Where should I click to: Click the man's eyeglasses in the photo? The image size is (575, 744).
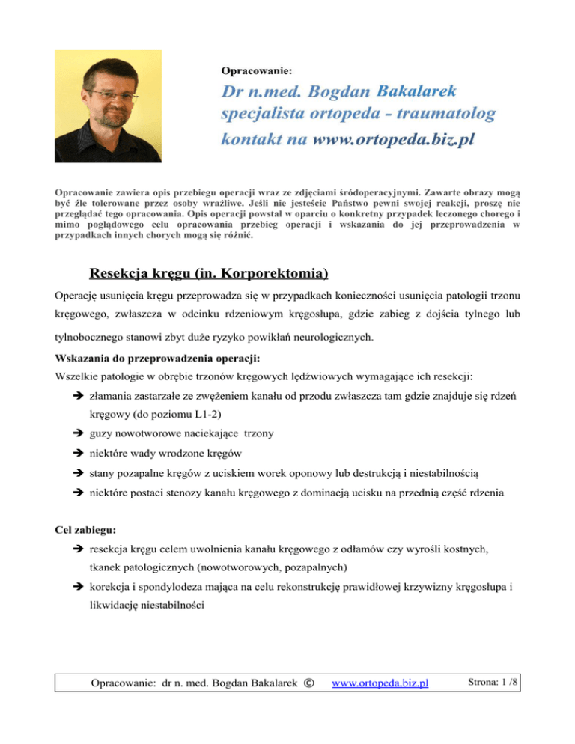110,96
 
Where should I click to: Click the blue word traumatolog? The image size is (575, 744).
445,115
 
